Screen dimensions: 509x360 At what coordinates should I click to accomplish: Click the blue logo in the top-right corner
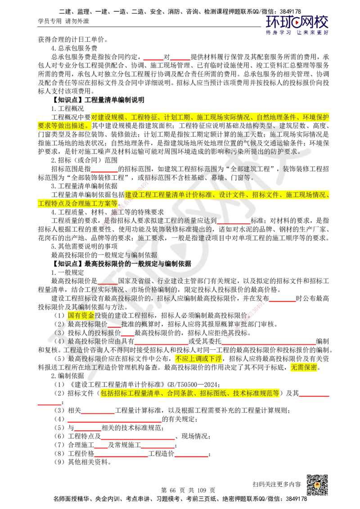point(297,25)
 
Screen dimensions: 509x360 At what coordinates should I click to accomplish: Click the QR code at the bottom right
point(317,485)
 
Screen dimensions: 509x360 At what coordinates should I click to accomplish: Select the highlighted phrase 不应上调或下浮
point(198,358)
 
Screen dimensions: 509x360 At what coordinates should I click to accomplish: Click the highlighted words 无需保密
point(304,367)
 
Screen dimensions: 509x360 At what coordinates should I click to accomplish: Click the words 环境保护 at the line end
point(317,117)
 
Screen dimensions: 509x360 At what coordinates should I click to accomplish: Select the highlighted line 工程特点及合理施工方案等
point(77,203)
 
